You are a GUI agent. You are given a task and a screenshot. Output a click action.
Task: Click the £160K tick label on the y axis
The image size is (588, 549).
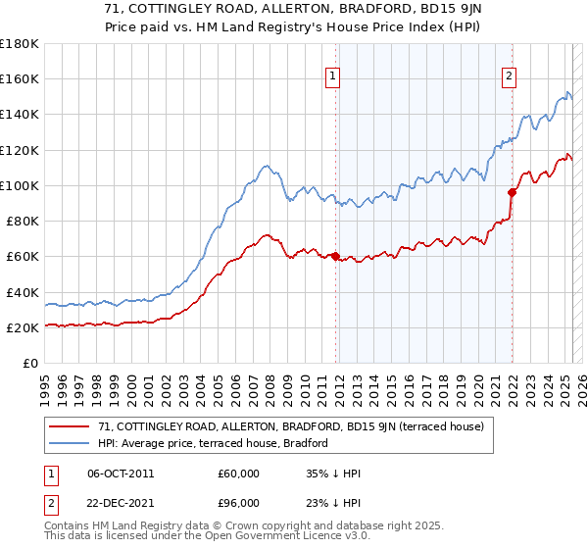click(x=19, y=78)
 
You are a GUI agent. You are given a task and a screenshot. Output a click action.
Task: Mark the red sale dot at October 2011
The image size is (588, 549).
click(x=335, y=257)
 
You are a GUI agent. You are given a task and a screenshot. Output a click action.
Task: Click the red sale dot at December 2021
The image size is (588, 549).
click(x=512, y=192)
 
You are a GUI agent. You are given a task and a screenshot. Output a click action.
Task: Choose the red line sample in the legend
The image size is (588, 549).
click(x=71, y=426)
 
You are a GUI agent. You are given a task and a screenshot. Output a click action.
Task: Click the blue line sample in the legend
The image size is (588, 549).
click(x=71, y=444)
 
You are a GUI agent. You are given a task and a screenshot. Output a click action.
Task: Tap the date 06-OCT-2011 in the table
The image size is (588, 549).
click(x=121, y=474)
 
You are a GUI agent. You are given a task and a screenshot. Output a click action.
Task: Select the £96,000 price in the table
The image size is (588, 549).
click(x=238, y=502)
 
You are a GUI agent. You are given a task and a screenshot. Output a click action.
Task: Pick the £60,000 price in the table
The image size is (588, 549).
click(x=238, y=474)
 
